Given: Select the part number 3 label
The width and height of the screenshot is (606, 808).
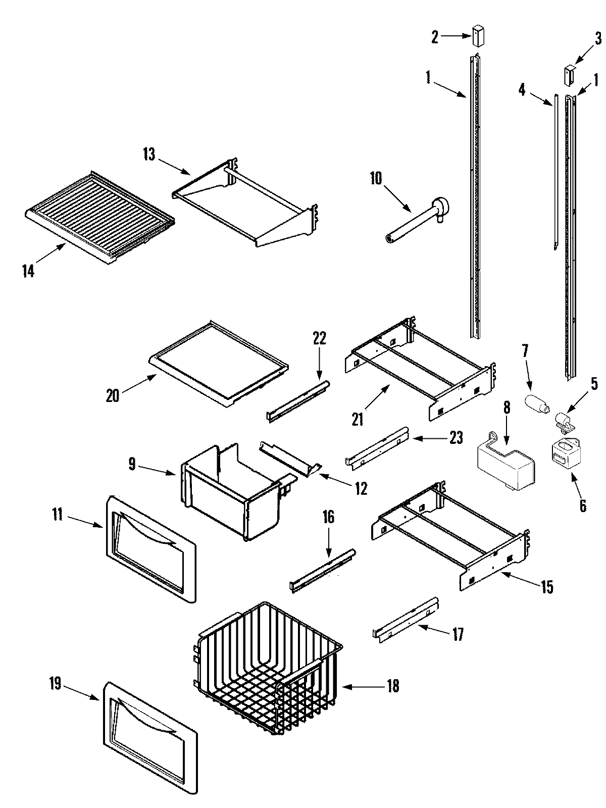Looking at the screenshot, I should click(x=597, y=38).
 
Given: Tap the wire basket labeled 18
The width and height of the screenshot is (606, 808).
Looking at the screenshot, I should click(x=268, y=667).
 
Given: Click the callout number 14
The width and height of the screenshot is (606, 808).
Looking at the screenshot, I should click(x=28, y=271).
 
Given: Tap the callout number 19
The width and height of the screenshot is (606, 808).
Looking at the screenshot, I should click(x=55, y=684).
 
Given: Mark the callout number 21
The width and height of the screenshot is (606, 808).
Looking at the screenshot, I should click(x=358, y=419).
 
